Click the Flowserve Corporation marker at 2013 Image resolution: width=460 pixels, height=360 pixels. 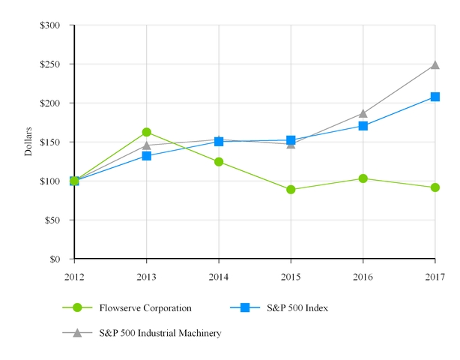click(147, 132)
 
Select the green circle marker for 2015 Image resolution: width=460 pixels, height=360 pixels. click(291, 190)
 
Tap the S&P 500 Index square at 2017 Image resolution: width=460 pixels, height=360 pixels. click(435, 97)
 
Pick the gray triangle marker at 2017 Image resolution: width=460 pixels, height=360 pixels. click(435, 65)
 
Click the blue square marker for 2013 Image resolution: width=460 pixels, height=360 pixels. click(147, 156)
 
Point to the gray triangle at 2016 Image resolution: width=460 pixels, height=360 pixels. click(363, 114)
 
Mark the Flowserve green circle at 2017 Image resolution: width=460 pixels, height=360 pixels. click(435, 187)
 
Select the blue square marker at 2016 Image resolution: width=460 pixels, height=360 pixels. click(363, 126)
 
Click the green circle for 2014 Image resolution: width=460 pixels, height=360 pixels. click(219, 162)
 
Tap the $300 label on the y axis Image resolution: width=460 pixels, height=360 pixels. click(52, 25)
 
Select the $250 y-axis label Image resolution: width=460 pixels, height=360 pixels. click(52, 64)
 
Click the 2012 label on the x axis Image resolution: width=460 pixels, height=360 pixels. click(74, 277)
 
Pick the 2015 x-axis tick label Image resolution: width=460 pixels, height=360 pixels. click(291, 277)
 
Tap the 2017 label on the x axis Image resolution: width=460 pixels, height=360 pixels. click(435, 277)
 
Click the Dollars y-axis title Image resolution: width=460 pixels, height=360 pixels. click(28, 142)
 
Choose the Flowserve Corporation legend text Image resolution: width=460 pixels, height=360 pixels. click(145, 307)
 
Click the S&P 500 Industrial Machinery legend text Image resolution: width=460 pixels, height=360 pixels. click(160, 333)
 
